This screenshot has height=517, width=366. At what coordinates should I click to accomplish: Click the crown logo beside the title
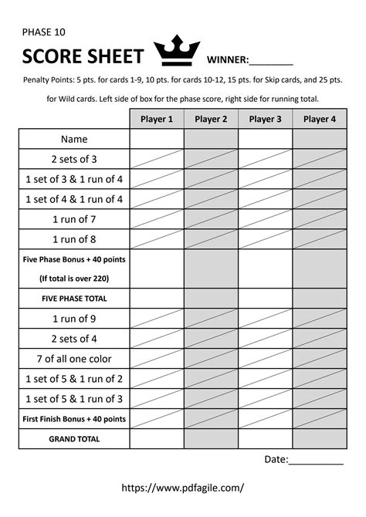(178, 53)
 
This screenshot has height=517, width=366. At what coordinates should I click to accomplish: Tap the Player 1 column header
(157, 119)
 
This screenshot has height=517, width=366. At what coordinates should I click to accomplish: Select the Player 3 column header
(265, 119)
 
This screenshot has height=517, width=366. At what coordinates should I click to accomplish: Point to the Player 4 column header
(319, 119)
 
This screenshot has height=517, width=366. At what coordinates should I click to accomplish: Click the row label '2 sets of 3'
(74, 159)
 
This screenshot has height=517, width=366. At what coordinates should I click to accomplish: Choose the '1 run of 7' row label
(74, 219)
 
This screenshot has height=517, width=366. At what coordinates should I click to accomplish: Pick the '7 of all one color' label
(74, 358)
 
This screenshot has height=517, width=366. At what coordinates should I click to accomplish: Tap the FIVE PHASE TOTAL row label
(74, 298)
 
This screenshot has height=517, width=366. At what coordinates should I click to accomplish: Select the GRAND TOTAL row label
(74, 438)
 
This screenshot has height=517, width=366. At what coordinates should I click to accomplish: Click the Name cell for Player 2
(211, 139)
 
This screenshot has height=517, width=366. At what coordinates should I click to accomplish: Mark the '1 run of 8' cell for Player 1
(157, 239)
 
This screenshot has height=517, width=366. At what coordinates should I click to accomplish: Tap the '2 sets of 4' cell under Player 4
(319, 338)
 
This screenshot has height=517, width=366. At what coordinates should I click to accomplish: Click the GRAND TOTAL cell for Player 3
(265, 438)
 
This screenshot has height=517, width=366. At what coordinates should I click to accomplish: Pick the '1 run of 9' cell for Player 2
(211, 318)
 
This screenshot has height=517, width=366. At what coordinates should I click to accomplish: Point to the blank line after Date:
(317, 460)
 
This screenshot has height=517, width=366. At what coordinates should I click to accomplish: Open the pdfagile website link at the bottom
(183, 488)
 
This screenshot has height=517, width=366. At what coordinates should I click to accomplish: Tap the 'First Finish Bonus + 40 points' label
(74, 418)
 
